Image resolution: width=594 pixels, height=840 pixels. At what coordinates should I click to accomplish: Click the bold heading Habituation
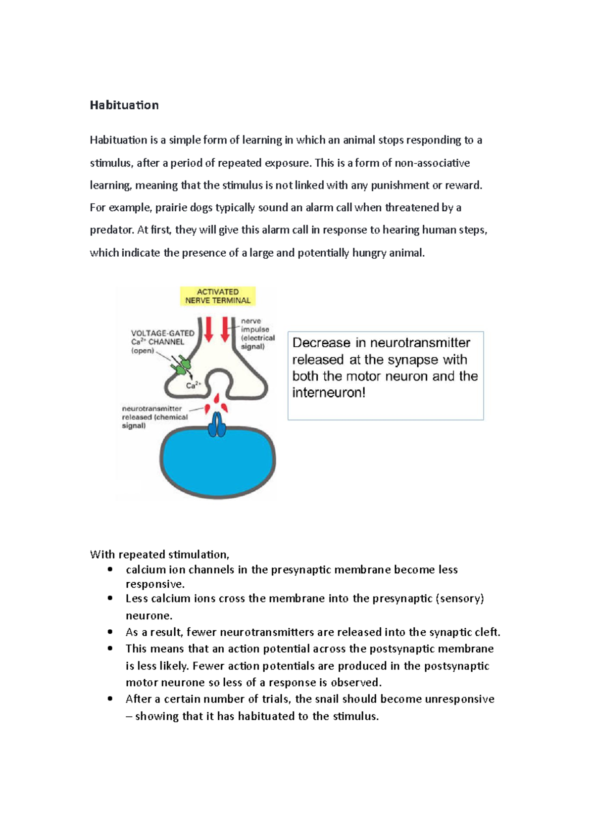(x=124, y=105)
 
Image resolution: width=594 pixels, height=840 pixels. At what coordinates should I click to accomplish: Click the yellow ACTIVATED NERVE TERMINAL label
(x=218, y=296)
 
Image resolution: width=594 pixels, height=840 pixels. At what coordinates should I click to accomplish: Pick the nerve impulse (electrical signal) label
(x=257, y=334)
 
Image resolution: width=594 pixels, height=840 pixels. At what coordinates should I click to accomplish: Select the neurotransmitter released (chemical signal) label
(x=154, y=417)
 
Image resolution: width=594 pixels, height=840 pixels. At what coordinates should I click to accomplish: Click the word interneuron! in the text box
(x=329, y=393)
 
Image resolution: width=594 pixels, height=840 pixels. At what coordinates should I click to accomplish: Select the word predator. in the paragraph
(x=112, y=230)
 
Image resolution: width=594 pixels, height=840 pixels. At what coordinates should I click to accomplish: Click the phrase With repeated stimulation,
(x=159, y=555)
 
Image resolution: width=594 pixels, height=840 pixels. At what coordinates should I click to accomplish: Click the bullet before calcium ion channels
(x=110, y=570)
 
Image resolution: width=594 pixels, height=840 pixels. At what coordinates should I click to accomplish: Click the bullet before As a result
(x=110, y=632)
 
